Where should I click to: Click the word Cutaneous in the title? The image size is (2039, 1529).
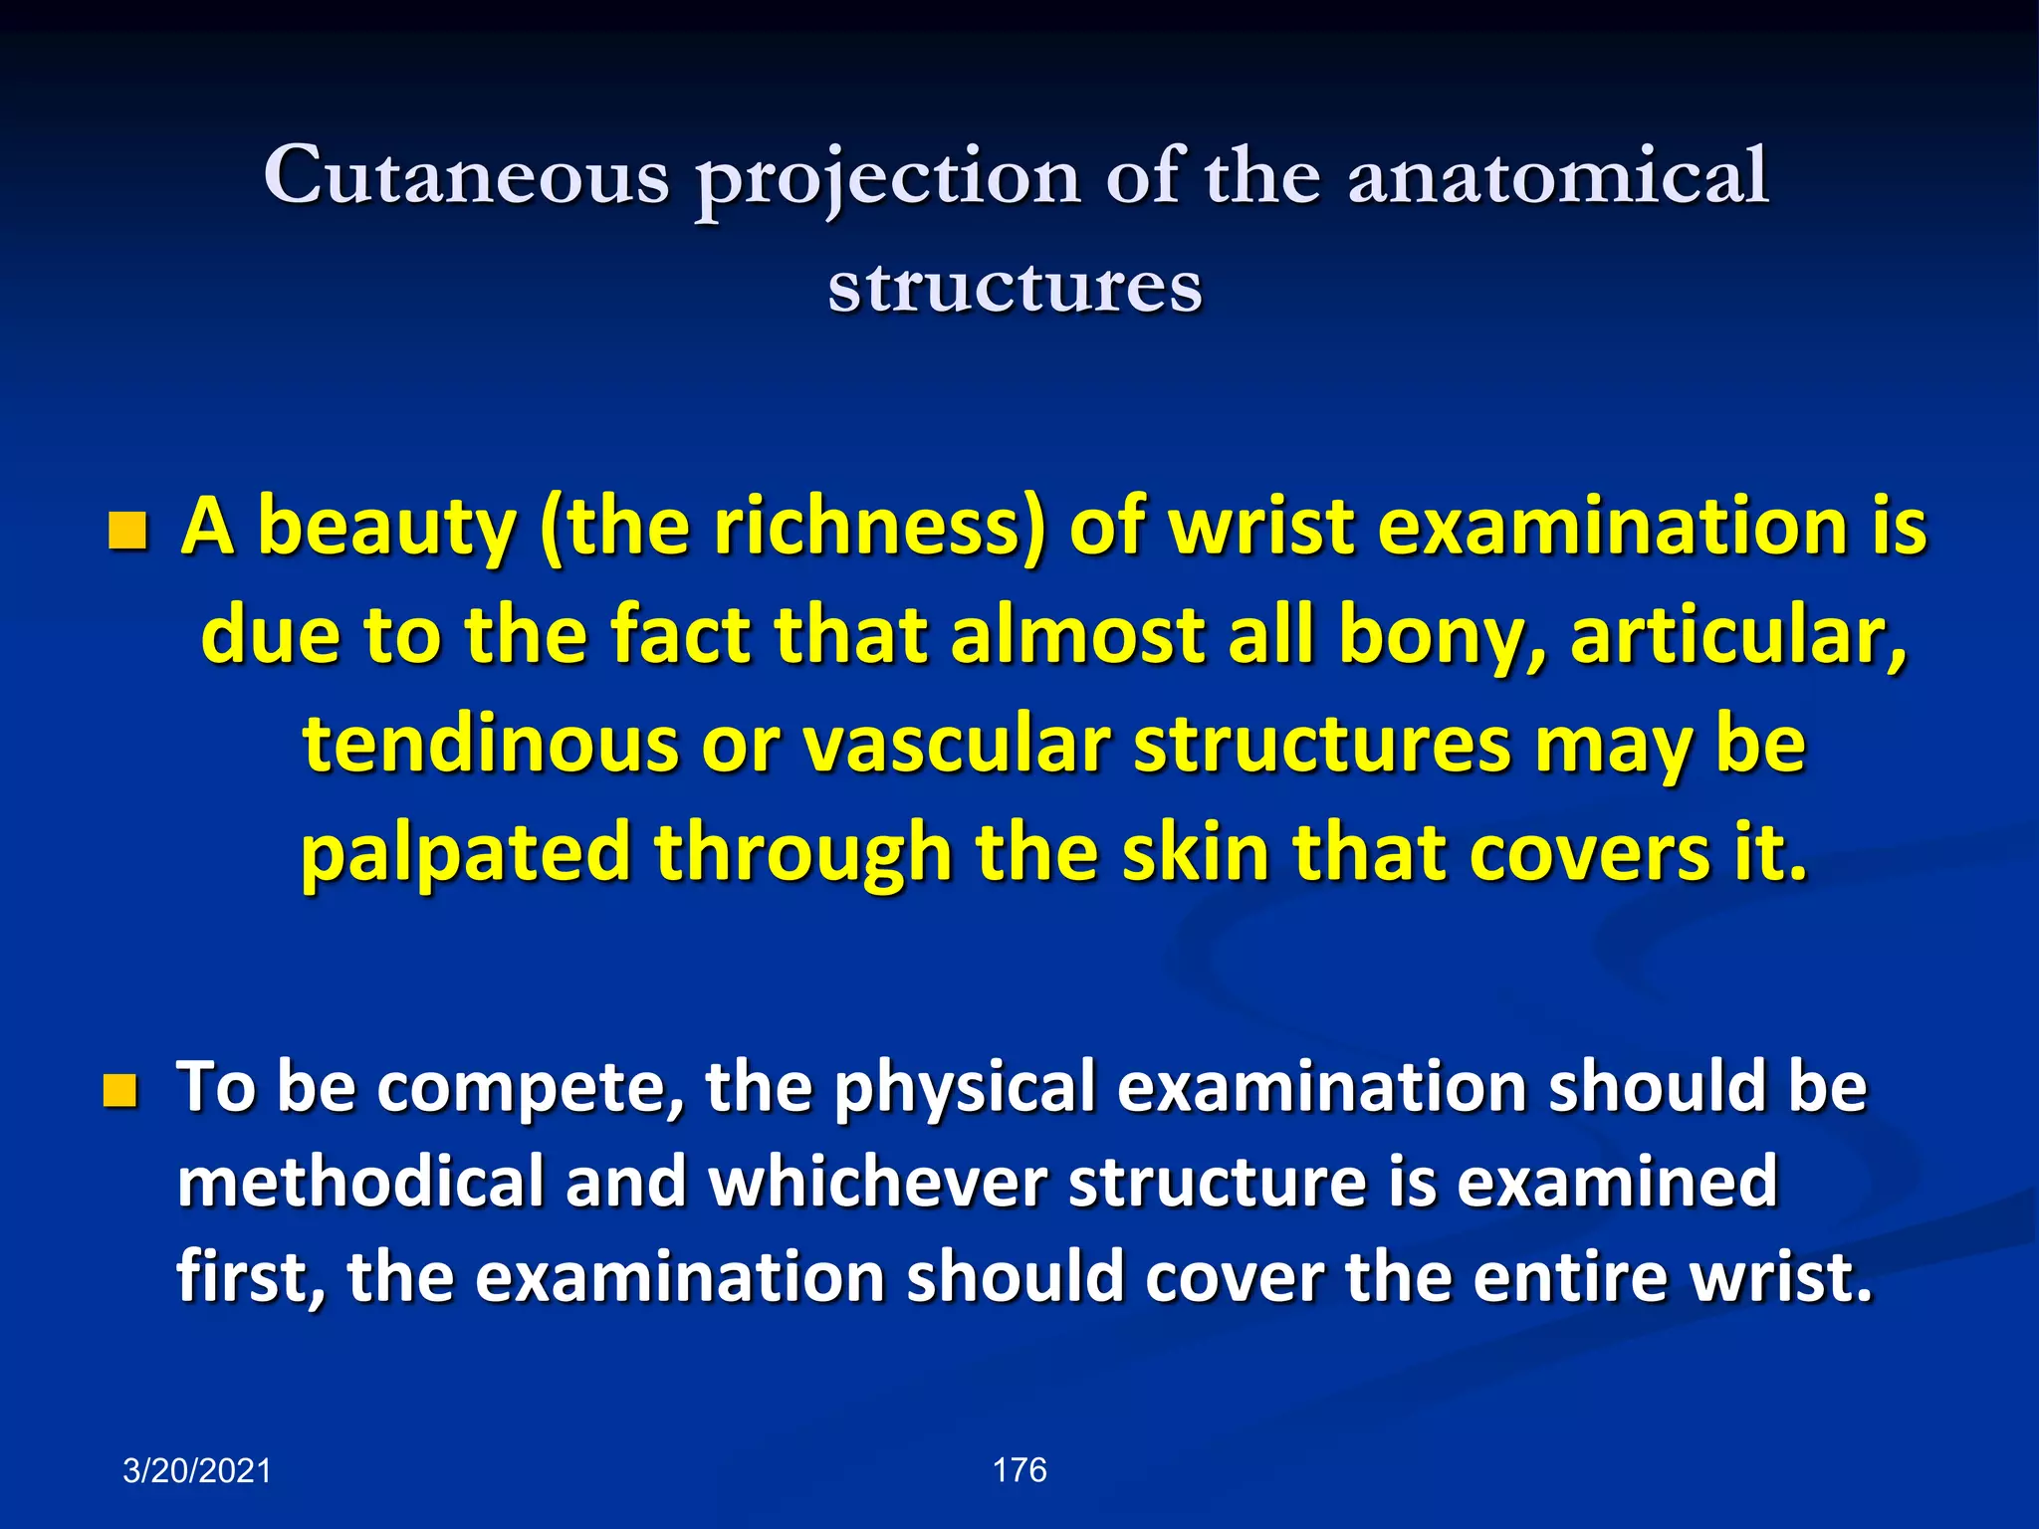tap(466, 176)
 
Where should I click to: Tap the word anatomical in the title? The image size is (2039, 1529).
tap(1558, 176)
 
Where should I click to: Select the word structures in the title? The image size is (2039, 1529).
tap(1016, 288)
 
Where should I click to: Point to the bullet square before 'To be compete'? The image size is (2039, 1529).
tap(119, 1091)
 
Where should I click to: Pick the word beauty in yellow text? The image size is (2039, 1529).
tap(386, 528)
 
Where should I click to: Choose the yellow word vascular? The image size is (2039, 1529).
tap(957, 745)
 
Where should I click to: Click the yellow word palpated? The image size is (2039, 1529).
tap(466, 854)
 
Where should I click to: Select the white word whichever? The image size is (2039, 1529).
tap(877, 1183)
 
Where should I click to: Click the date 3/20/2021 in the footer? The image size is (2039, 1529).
tap(197, 1471)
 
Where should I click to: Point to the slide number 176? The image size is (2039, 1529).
tap(1019, 1470)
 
